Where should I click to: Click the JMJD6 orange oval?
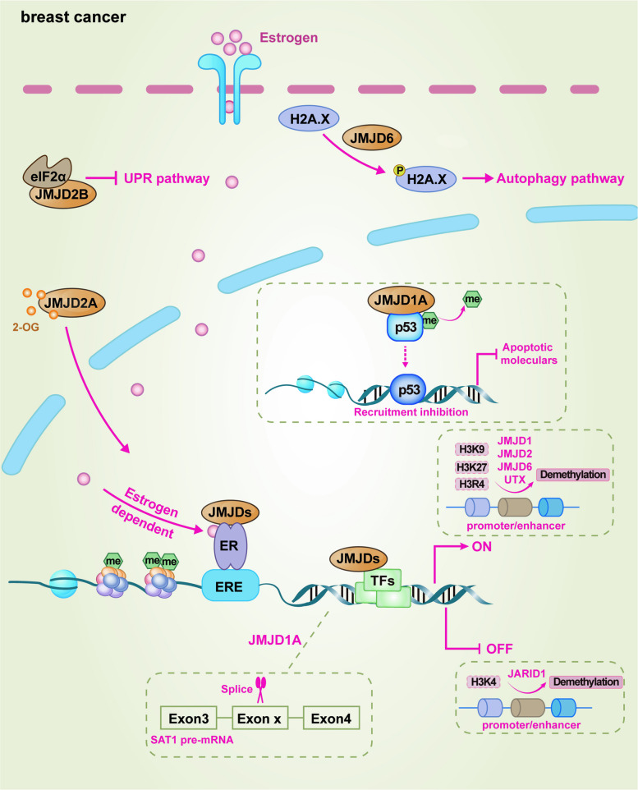tap(372, 137)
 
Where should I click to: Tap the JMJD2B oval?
tap(62, 194)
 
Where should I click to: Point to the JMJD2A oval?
tap(71, 303)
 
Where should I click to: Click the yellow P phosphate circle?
tap(399, 170)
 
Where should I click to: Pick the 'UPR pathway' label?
tap(167, 179)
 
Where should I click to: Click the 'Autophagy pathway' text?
tap(560, 179)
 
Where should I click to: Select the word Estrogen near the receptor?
tap(289, 38)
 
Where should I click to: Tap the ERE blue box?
tap(230, 586)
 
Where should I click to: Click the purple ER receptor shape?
tap(230, 545)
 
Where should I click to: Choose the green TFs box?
tap(383, 581)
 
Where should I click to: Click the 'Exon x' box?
tap(259, 718)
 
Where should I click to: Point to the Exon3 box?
tap(189, 718)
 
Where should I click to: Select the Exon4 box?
tap(331, 718)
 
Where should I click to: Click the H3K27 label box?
tap(471, 467)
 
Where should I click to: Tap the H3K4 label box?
tap(484, 682)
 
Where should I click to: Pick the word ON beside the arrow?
tap(482, 547)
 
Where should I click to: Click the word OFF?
tap(499, 649)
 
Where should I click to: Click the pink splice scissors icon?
tap(260, 689)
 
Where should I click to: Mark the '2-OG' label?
tap(25, 328)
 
